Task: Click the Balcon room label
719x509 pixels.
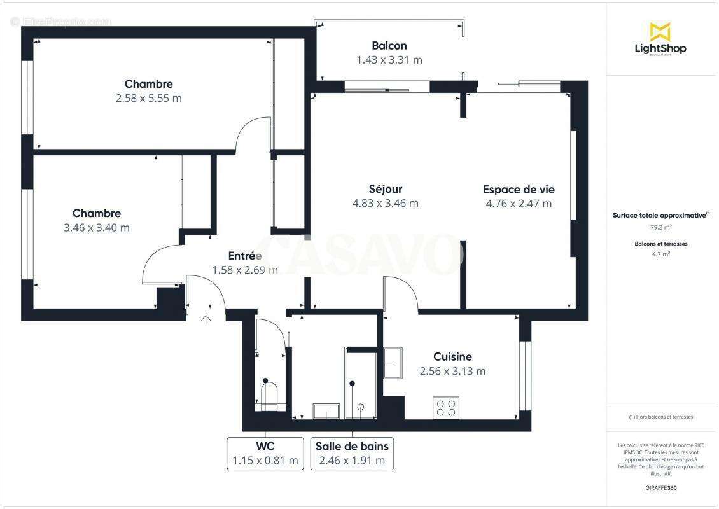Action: pos(389,46)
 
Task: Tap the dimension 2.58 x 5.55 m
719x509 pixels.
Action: pos(148,98)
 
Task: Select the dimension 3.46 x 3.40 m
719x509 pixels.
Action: pos(97,227)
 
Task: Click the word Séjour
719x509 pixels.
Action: pos(386,189)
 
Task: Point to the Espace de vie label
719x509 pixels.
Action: pos(519,189)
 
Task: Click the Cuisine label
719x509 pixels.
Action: pos(452,357)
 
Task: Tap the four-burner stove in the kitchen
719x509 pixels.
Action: pos(446,407)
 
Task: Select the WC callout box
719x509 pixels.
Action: pos(265,453)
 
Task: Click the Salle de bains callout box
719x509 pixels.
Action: pos(352,453)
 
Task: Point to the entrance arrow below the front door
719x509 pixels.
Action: pos(206,319)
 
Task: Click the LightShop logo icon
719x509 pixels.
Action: pos(660,32)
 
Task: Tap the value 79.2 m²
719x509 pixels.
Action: pos(660,227)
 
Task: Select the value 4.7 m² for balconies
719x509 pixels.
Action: pos(660,254)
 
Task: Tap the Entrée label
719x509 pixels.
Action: pos(245,256)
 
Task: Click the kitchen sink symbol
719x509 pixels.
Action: pos(392,363)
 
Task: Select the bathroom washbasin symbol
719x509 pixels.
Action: pos(326,411)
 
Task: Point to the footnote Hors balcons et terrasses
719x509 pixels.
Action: pos(660,417)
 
